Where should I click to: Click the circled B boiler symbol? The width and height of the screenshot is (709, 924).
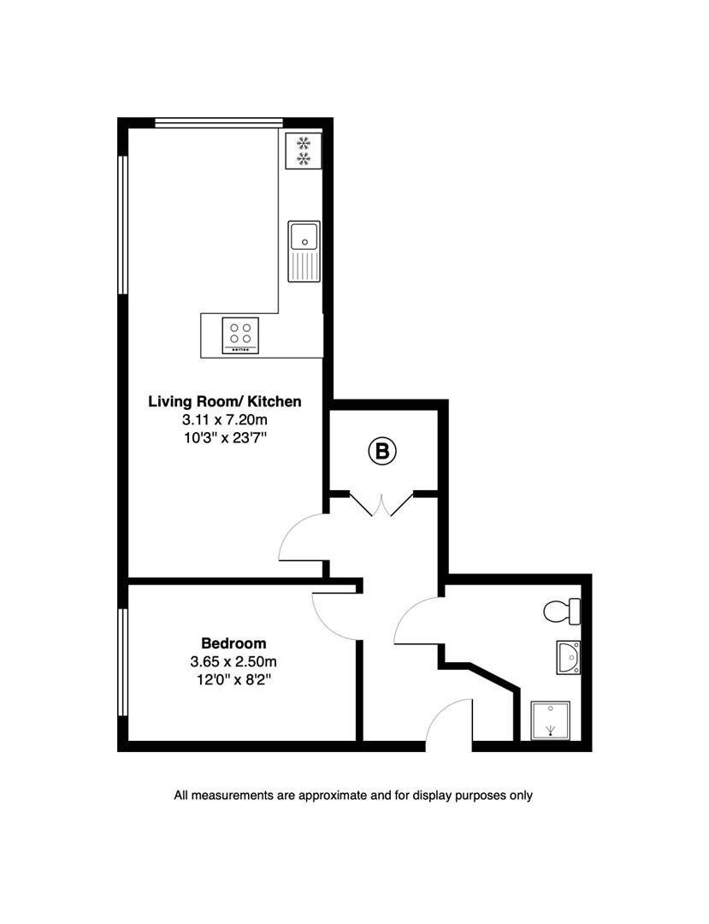click(383, 451)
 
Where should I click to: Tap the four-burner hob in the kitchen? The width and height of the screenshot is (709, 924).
click(241, 335)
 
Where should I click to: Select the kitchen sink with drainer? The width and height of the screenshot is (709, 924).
click(304, 250)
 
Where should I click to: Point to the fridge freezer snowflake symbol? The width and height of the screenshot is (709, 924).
click(303, 151)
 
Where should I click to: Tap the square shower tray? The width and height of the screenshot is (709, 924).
click(550, 720)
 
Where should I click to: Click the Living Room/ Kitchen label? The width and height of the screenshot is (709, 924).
click(224, 400)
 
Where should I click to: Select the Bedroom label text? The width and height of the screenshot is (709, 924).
click(233, 643)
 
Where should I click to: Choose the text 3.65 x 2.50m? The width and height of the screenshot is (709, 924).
click(233, 661)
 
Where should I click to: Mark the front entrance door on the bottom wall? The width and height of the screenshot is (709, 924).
click(449, 726)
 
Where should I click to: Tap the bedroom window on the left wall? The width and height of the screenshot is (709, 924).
click(123, 661)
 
